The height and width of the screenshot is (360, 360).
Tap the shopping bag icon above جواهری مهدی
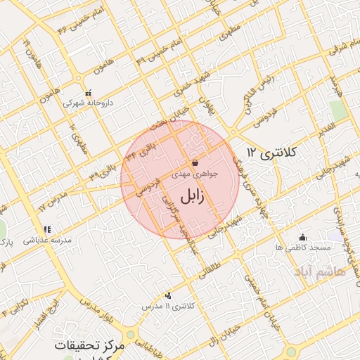click(195, 163)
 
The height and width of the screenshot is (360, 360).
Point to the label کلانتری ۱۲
click(274, 153)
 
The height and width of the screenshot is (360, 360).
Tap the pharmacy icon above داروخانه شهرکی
click(88, 93)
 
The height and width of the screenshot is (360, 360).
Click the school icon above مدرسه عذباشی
click(47, 229)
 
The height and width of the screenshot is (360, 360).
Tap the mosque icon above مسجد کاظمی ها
click(302, 237)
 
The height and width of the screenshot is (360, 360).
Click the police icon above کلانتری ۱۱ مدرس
click(167, 296)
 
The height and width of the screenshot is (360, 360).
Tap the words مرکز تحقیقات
click(91, 347)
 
